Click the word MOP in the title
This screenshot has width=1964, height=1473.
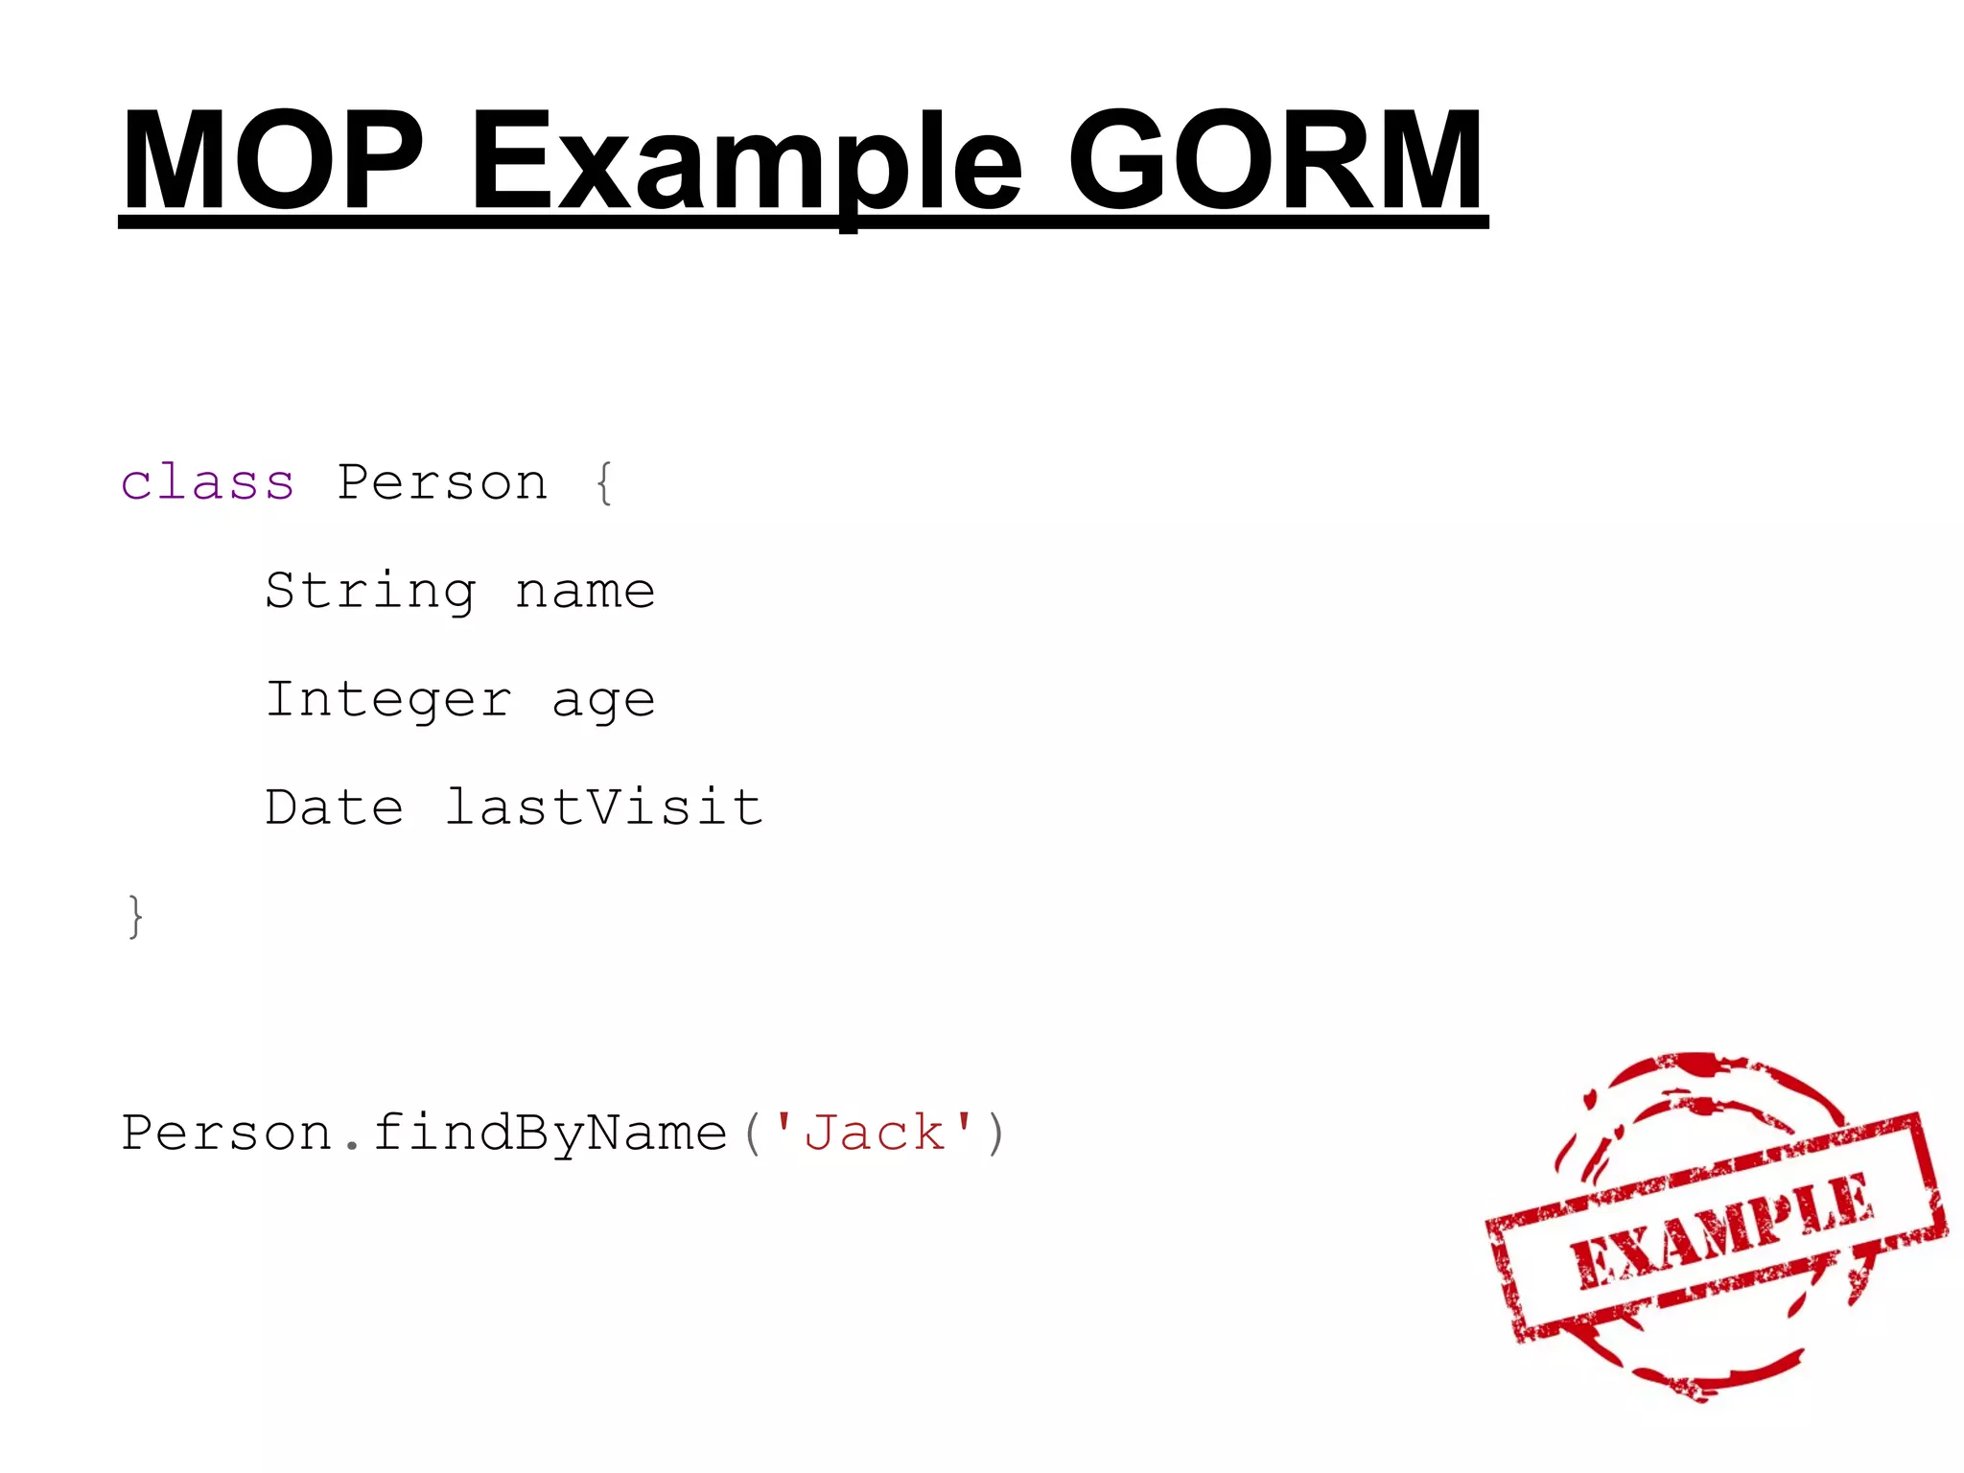(x=273, y=160)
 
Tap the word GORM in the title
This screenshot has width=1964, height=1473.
(x=1275, y=160)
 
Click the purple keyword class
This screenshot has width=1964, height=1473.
(x=207, y=481)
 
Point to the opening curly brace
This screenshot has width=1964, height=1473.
(x=604, y=482)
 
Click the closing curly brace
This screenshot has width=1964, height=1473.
(x=135, y=917)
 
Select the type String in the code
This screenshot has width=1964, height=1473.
(x=370, y=591)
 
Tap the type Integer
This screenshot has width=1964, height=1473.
(x=388, y=699)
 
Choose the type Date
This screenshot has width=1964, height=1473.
(x=334, y=807)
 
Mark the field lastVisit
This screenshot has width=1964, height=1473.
(x=604, y=807)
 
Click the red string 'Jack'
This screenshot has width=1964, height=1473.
(x=874, y=1132)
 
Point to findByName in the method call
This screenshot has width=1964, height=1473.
(x=549, y=1134)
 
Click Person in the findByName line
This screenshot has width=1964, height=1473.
(x=226, y=1134)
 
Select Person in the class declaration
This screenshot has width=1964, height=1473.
(x=442, y=482)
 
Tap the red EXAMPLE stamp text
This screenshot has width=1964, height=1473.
(x=1721, y=1230)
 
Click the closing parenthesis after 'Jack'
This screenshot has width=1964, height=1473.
(x=996, y=1134)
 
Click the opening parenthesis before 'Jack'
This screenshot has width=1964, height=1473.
(x=754, y=1134)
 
